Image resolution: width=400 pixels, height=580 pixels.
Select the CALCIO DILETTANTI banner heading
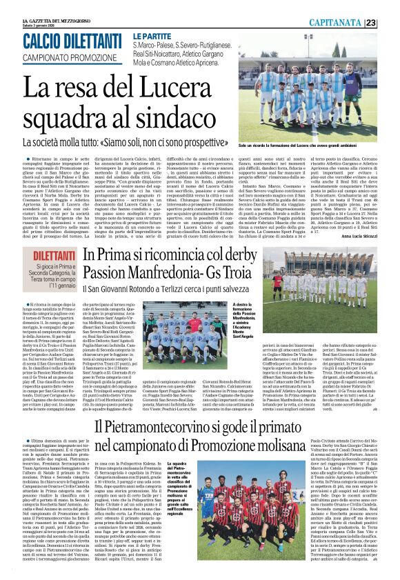click(x=72, y=41)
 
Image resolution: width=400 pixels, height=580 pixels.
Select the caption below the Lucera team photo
click(x=321, y=148)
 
